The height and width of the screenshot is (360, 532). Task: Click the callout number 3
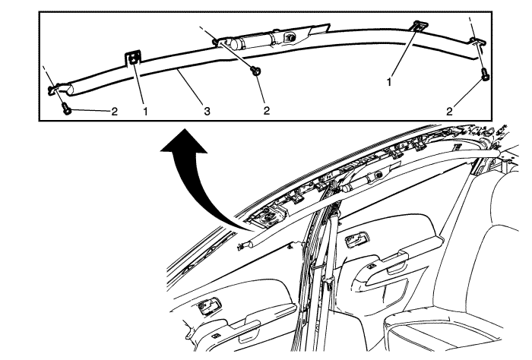click(207, 111)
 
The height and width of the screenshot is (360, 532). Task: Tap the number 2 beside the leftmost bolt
click(114, 111)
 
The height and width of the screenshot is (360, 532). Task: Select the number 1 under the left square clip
click(145, 111)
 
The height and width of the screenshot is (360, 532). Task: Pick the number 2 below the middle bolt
click(266, 110)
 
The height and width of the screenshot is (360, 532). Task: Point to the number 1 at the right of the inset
click(389, 82)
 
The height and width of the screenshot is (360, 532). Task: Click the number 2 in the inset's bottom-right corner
click(450, 111)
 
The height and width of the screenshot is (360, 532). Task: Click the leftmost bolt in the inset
click(67, 109)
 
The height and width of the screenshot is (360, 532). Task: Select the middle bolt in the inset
click(255, 71)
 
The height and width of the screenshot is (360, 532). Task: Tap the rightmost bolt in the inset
click(486, 74)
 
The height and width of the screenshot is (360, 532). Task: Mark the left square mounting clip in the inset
click(134, 58)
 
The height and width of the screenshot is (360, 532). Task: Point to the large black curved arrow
click(190, 176)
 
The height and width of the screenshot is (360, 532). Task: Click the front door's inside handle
click(356, 239)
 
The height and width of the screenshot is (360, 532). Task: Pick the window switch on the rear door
click(216, 336)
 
